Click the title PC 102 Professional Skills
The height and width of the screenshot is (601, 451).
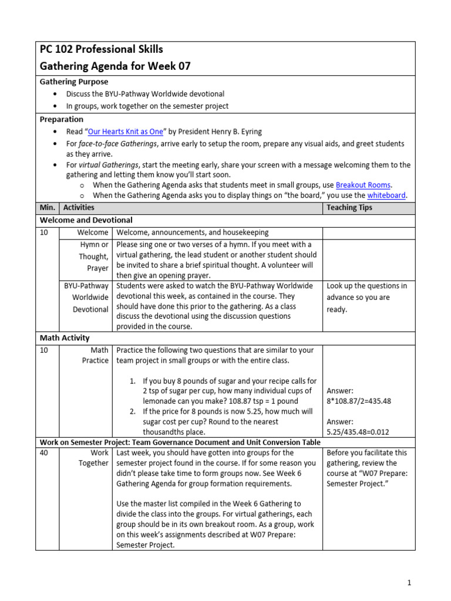pos(101,49)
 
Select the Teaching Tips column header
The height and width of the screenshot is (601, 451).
pos(349,208)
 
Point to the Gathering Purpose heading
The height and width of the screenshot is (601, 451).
pos(73,82)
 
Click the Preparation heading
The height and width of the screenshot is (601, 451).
pos(61,119)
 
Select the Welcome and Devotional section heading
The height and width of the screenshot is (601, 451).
pos(86,220)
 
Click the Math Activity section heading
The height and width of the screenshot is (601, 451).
pos(65,338)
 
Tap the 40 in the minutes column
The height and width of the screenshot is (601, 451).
pos(45,453)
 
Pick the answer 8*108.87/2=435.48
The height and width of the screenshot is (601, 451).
pos(359,401)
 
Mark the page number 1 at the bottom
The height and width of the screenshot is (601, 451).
pos(409,583)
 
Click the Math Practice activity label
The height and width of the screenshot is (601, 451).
pos(95,355)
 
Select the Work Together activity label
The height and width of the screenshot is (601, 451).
pos(94,458)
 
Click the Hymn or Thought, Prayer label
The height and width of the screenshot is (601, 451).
pos(93,256)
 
